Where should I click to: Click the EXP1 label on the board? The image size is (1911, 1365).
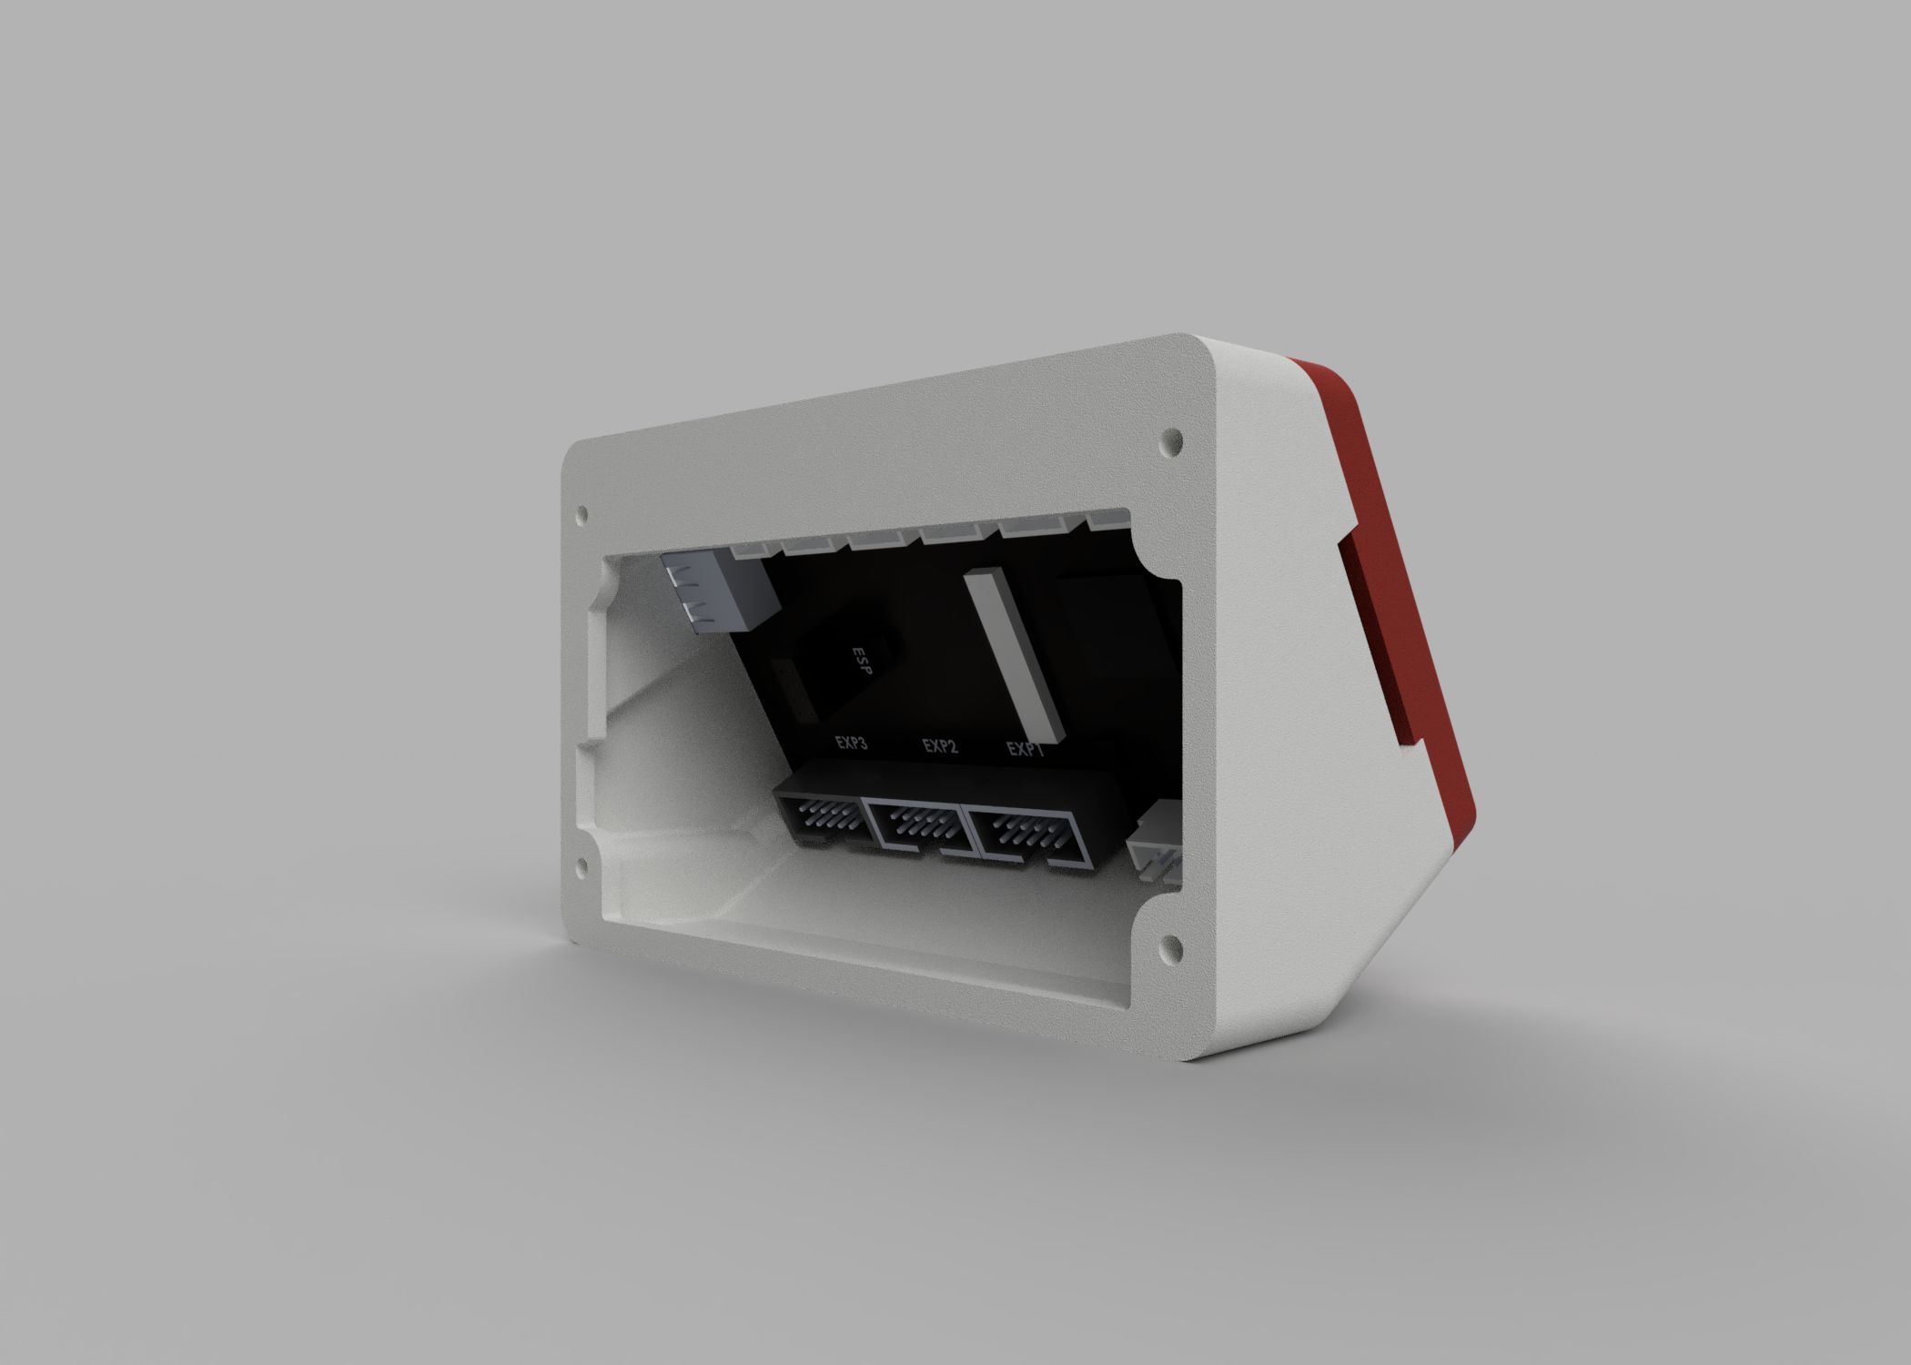[1025, 751]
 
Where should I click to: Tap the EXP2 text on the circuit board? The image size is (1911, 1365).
[940, 747]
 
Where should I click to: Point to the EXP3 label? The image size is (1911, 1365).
[851, 743]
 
